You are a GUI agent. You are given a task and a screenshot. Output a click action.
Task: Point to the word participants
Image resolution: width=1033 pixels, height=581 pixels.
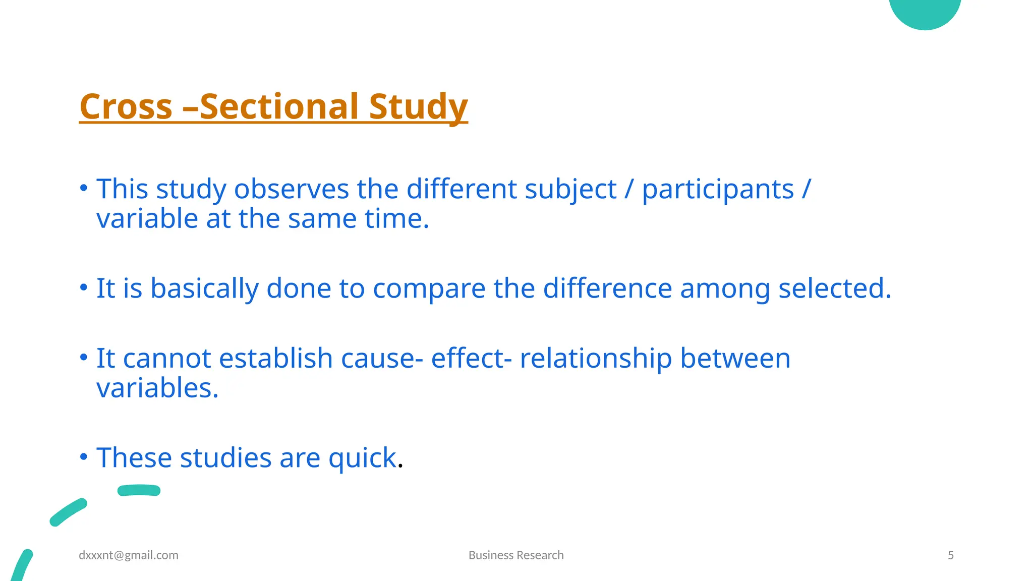[718, 191]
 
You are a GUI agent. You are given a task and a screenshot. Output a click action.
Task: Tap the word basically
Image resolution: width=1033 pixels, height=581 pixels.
[204, 289]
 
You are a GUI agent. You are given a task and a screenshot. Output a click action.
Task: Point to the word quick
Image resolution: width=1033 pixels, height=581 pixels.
[362, 459]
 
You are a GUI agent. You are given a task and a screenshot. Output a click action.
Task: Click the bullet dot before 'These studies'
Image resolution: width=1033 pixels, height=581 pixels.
[84, 456]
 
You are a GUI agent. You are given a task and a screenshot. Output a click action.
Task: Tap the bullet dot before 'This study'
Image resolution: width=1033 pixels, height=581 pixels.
[84, 188]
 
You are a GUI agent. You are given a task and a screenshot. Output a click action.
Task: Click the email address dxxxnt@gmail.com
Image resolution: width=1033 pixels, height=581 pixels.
[129, 555]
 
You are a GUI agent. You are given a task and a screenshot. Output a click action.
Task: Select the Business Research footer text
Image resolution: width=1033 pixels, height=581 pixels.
[516, 555]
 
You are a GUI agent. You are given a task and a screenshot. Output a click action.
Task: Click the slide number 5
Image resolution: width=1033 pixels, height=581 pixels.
[951, 555]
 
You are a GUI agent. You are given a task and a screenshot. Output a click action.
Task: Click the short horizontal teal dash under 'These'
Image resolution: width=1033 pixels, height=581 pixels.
[139, 490]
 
